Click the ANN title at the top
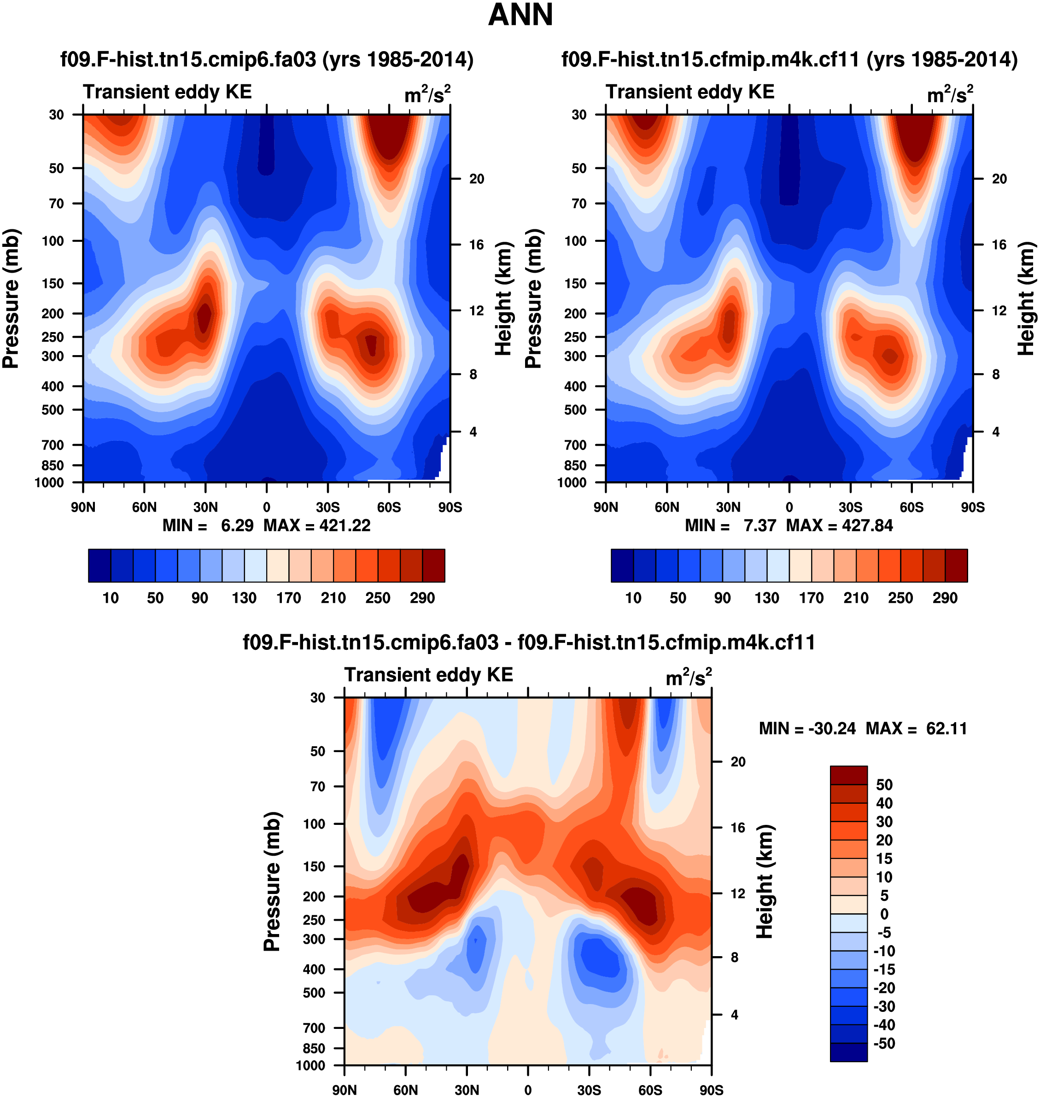520,15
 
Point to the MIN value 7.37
760,526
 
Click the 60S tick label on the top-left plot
389,507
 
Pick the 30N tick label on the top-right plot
728,507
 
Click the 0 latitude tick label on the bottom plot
528,1090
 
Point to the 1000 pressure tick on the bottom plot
310,1065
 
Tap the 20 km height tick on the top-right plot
999,179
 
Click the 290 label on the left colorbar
422,598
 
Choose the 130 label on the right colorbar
767,598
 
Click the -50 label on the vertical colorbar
884,1044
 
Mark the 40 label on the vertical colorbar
884,803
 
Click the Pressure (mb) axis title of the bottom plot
272,881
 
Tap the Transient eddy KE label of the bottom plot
428,675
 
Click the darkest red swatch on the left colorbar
433,566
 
